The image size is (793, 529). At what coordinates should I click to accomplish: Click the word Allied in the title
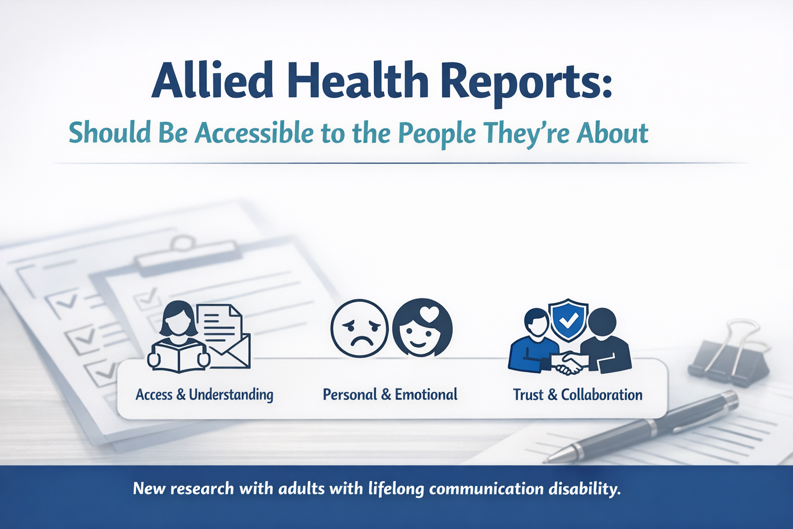(x=212, y=80)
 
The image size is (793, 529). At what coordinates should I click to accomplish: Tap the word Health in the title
(x=358, y=80)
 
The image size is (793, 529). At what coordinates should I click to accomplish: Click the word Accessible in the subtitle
(x=255, y=133)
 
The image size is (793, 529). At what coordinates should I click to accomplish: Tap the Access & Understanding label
(x=204, y=395)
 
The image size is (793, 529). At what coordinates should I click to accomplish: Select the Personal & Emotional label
(x=390, y=394)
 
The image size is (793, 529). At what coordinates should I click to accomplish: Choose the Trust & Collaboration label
(x=578, y=394)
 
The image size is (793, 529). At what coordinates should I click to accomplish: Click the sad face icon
(x=360, y=328)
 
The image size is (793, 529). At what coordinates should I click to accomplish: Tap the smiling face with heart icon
(x=422, y=328)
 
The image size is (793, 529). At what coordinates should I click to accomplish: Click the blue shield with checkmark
(x=568, y=320)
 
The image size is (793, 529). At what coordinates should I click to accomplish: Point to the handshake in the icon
(x=567, y=363)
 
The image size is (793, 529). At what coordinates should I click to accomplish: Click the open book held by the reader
(x=179, y=355)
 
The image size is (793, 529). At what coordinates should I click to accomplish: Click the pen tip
(x=546, y=461)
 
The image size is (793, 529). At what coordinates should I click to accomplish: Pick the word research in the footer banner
(x=202, y=489)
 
